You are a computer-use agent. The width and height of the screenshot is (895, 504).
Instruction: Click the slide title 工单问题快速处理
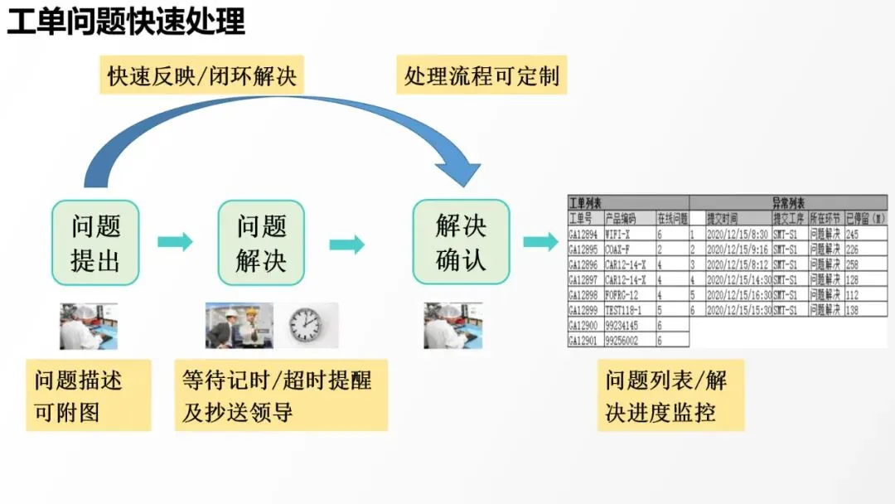click(126, 22)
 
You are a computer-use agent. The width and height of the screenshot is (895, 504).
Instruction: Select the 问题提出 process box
click(95, 242)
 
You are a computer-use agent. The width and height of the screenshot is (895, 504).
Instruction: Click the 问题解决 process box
click(261, 242)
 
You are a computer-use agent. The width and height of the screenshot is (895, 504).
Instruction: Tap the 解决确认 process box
click(461, 241)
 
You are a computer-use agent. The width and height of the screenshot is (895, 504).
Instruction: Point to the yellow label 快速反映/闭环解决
click(201, 77)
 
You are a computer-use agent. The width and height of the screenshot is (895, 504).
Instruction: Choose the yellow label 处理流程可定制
click(481, 77)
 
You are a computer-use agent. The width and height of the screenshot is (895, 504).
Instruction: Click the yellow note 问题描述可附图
click(89, 395)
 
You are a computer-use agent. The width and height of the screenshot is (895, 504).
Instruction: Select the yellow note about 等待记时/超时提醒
click(281, 395)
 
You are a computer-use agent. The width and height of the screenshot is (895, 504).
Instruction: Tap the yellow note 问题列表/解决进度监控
click(670, 395)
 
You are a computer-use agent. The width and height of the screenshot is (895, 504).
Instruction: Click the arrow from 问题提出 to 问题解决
click(176, 242)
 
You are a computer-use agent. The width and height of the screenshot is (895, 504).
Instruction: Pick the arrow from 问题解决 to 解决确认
click(347, 245)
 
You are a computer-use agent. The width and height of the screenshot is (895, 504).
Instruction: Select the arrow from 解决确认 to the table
click(540, 242)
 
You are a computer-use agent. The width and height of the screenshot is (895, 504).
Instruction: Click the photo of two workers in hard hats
click(239, 325)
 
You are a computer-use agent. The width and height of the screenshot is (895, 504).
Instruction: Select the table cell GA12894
click(584, 235)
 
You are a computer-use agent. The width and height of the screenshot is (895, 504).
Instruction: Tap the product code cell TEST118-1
click(627, 309)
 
